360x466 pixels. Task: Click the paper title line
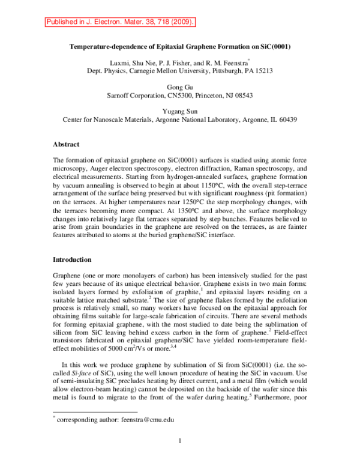(x=180, y=46)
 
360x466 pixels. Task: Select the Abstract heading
(x=66, y=145)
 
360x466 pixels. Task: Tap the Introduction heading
(x=72, y=260)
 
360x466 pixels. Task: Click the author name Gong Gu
(x=180, y=87)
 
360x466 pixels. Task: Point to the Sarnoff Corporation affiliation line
(x=180, y=95)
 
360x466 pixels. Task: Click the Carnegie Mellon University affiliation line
(x=180, y=70)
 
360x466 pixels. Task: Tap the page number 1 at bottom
(x=180, y=443)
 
